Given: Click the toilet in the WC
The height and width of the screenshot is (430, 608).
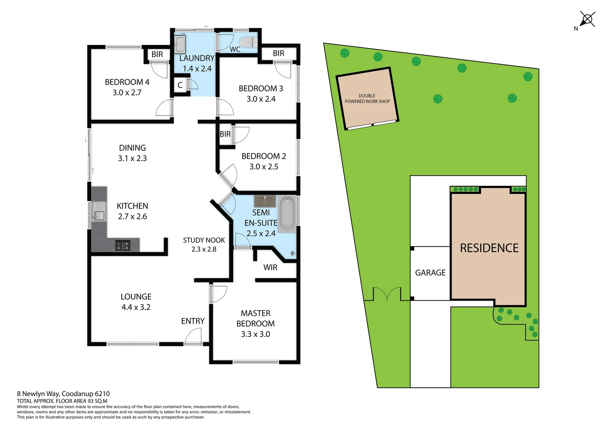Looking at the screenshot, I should (x=248, y=42).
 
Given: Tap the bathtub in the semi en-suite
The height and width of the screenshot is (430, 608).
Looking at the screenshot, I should (x=286, y=214).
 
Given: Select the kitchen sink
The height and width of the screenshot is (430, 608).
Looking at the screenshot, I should (x=98, y=215).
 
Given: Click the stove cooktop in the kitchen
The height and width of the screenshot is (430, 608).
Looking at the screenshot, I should (x=123, y=246).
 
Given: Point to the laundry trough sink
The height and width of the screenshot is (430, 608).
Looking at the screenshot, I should (x=180, y=44).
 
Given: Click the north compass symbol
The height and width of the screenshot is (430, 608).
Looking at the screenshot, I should (x=587, y=20).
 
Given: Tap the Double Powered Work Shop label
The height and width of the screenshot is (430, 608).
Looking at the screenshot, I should (x=367, y=99).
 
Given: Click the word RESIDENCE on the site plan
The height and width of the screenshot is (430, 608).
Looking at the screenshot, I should (x=489, y=248).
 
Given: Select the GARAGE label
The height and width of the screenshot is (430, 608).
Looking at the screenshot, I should (x=430, y=273).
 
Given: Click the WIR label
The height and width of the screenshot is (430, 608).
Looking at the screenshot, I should (x=270, y=268).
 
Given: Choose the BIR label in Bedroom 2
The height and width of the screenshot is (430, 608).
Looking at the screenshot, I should (x=225, y=134).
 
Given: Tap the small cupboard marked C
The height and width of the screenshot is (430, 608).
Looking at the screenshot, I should (x=180, y=85).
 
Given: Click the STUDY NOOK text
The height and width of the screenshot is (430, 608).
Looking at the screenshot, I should (x=204, y=240).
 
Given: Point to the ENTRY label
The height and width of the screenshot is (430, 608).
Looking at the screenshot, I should (x=193, y=321).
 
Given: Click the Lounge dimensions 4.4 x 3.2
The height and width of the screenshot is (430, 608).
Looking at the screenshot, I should (x=136, y=307).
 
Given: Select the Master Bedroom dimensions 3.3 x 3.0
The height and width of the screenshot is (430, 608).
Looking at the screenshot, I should (x=255, y=334).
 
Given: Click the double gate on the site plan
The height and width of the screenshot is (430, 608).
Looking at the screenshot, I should (x=387, y=294).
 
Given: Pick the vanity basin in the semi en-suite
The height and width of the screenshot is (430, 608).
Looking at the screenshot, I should (x=265, y=201).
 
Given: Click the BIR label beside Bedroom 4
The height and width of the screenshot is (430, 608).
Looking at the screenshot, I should (x=157, y=55).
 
